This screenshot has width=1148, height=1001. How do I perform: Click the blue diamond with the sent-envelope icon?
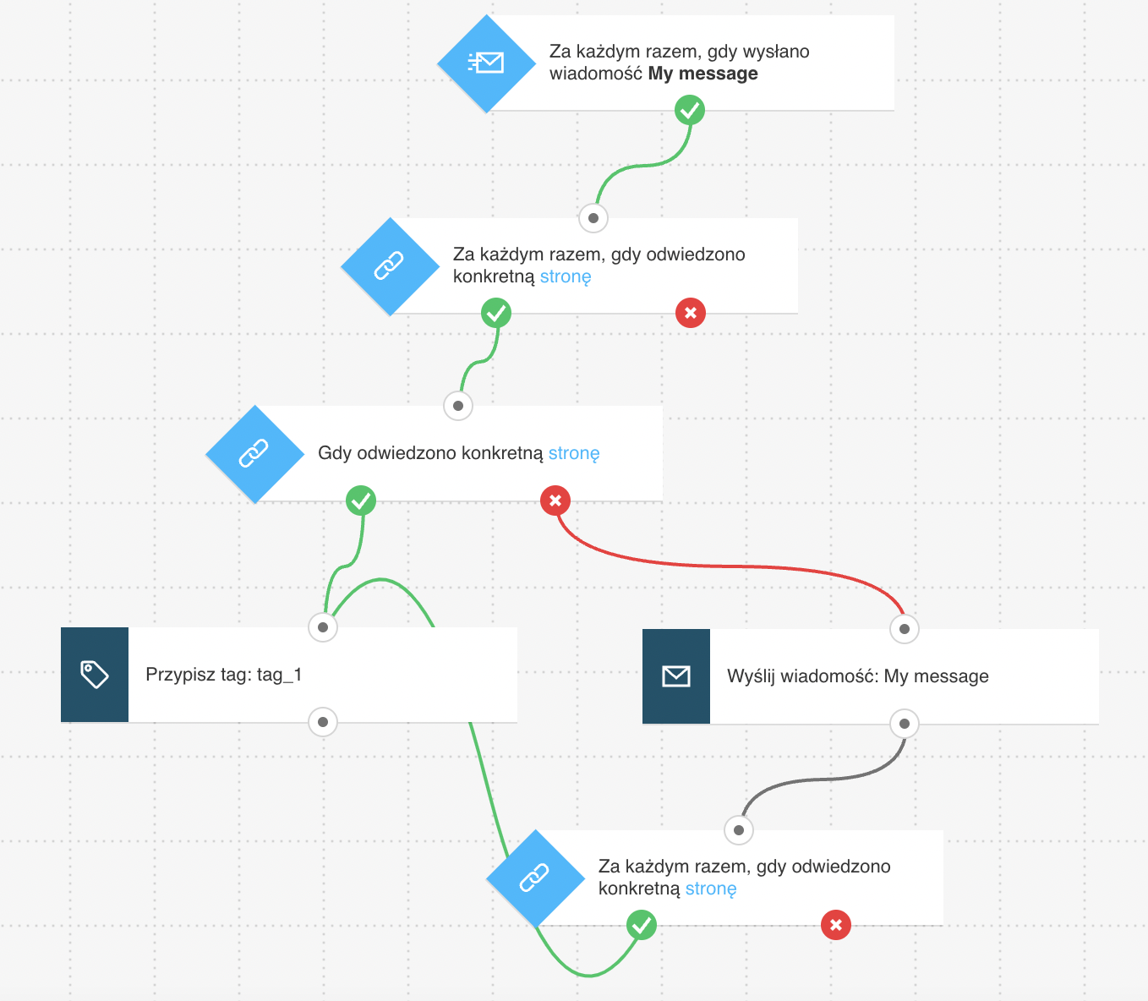pos(486,63)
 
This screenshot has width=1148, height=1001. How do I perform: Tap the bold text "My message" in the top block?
pos(702,74)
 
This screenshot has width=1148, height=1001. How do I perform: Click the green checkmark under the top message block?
pos(690,110)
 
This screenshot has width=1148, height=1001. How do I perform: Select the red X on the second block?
pos(690,313)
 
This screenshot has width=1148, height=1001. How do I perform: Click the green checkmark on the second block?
pos(496,313)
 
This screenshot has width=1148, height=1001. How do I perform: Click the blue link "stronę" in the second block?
pos(566,276)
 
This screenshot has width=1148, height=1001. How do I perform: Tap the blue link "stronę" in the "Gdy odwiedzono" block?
pos(574,453)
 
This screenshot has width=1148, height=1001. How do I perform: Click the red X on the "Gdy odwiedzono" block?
pos(555,500)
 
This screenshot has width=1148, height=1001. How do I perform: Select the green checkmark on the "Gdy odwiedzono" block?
pos(361,500)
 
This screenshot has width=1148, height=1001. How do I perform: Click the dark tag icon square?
pos(95,675)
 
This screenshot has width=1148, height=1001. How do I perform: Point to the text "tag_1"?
pos(280,675)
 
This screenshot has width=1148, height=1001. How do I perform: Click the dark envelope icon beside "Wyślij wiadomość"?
pos(676,676)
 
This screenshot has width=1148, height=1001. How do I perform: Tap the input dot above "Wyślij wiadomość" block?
pos(905,629)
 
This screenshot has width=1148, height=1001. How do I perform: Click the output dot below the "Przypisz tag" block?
pos(323,722)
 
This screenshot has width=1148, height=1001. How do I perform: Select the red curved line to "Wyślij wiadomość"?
pos(730,566)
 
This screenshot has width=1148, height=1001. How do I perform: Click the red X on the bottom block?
pos(836,925)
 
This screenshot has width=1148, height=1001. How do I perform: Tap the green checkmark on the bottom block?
pos(642,925)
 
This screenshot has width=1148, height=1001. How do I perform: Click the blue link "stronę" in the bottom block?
pos(711,889)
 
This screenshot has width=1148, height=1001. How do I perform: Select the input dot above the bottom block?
pos(739,830)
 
